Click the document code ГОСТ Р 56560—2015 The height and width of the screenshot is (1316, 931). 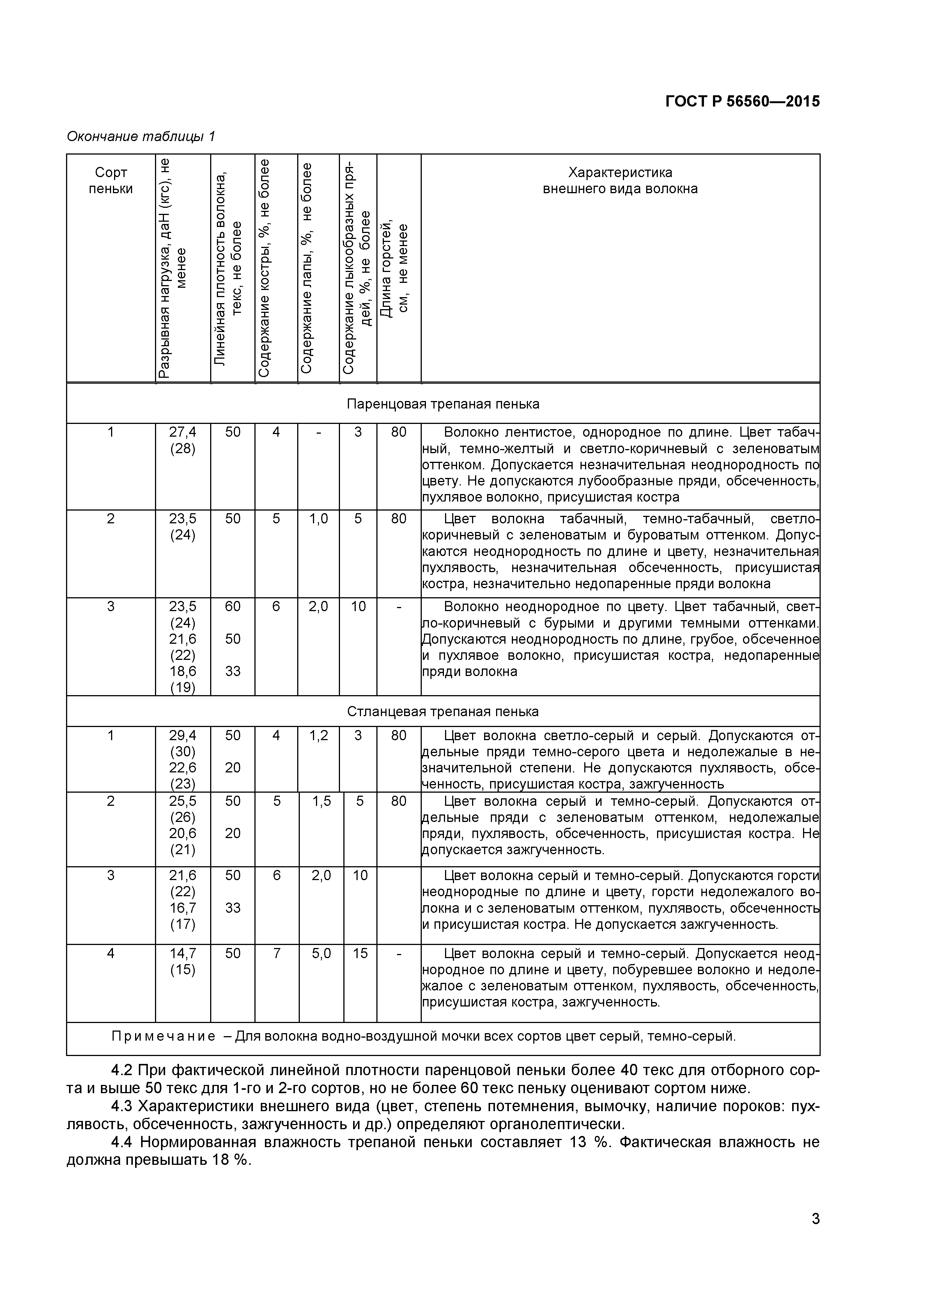click(x=742, y=101)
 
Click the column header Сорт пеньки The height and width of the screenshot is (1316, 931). click(x=111, y=180)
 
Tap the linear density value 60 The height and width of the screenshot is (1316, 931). click(x=233, y=606)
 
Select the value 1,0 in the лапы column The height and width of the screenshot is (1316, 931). click(x=318, y=519)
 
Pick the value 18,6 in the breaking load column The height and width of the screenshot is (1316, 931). click(x=182, y=671)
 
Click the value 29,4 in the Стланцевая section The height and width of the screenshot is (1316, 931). click(x=182, y=735)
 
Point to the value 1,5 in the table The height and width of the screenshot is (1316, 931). click(x=322, y=801)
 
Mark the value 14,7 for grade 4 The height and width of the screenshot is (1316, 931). click(x=182, y=953)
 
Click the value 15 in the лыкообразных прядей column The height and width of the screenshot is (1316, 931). click(x=360, y=953)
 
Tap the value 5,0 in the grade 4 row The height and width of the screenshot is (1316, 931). click(x=322, y=953)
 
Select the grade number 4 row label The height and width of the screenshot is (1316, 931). click(x=111, y=953)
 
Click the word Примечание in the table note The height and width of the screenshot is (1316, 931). click(x=163, y=1036)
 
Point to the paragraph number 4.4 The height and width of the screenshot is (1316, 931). click(x=122, y=1142)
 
